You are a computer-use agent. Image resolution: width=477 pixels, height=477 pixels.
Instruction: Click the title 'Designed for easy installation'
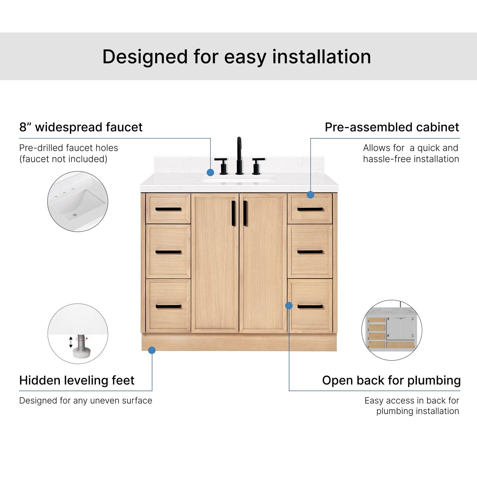click(x=237, y=57)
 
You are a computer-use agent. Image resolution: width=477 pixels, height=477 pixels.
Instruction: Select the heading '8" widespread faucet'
click(x=81, y=127)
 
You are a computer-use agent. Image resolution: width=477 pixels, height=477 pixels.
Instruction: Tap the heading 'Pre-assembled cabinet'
click(x=392, y=127)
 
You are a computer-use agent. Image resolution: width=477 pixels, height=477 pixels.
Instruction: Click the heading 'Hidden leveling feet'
click(x=77, y=380)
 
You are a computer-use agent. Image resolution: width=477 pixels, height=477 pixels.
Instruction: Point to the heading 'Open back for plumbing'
click(x=391, y=381)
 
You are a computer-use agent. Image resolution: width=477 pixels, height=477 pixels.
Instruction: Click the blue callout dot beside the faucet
click(x=210, y=172)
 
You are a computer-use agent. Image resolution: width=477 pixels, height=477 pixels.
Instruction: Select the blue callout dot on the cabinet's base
click(x=152, y=350)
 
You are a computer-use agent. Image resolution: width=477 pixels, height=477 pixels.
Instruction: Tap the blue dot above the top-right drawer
click(x=311, y=195)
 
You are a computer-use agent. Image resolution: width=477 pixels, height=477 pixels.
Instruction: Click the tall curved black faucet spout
click(x=239, y=156)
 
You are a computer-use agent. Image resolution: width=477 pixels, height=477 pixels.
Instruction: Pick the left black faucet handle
click(x=222, y=166)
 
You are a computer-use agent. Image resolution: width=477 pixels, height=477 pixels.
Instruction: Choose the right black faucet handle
click(x=258, y=166)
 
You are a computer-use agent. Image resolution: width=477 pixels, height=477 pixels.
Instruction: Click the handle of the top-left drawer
click(x=168, y=209)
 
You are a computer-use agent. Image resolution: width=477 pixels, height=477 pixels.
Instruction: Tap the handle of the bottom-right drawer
click(x=310, y=307)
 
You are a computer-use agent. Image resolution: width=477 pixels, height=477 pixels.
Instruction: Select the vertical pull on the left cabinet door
click(x=233, y=213)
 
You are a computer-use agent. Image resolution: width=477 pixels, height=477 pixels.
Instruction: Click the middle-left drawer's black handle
click(x=168, y=252)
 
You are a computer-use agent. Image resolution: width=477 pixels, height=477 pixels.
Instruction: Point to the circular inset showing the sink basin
click(x=78, y=201)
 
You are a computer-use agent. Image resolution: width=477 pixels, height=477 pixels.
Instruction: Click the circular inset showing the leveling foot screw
click(x=78, y=334)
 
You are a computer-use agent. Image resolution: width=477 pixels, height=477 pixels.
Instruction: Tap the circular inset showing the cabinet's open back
click(x=392, y=330)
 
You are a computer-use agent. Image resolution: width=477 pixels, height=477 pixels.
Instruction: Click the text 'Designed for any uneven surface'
click(x=86, y=400)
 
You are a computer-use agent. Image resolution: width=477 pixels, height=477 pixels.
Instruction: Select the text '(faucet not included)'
click(x=63, y=159)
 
